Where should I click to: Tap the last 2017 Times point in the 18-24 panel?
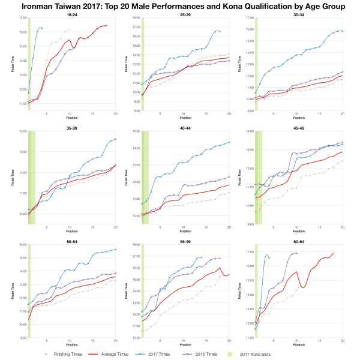(x=42, y=28)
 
